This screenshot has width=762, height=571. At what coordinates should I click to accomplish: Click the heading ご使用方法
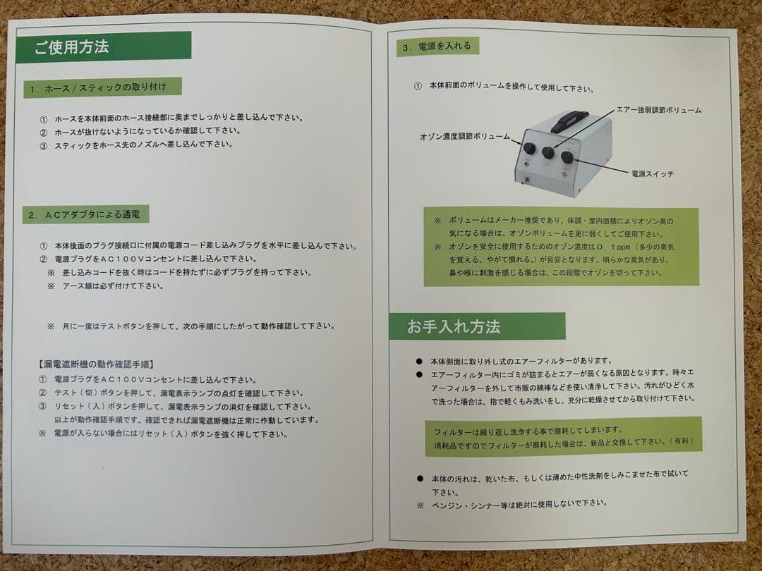pyautogui.click(x=71, y=48)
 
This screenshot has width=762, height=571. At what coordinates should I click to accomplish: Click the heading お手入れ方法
pyautogui.click(x=454, y=327)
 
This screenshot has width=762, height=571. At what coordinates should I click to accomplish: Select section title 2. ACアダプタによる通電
pyautogui.click(x=88, y=214)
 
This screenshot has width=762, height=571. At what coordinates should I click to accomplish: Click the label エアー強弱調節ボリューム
pyautogui.click(x=659, y=110)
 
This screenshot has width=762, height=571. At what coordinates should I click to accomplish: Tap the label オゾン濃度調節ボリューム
pyautogui.click(x=464, y=136)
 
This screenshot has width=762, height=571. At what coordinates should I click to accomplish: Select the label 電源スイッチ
pyautogui.click(x=652, y=173)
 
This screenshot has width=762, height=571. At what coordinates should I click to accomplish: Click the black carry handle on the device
pyautogui.click(x=569, y=120)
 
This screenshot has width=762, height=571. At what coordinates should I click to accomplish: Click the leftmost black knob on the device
pyautogui.click(x=529, y=148)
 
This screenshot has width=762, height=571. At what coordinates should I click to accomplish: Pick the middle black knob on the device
pyautogui.click(x=548, y=152)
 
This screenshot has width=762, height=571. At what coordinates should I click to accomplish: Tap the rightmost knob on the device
pyautogui.click(x=567, y=157)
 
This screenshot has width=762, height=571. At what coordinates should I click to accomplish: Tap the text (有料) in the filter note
pyautogui.click(x=682, y=441)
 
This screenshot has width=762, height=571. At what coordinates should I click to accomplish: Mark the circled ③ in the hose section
pyautogui.click(x=43, y=145)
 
